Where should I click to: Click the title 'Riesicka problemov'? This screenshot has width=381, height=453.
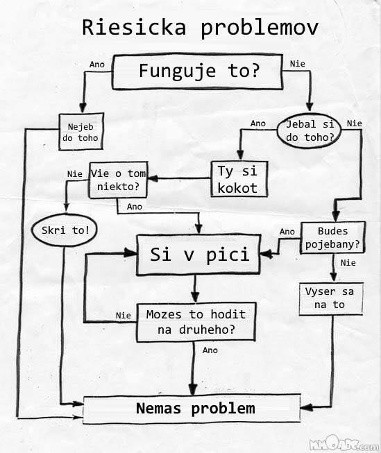[200, 28]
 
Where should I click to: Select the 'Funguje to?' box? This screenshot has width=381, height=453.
[197, 71]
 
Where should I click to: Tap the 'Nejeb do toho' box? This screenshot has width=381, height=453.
[81, 131]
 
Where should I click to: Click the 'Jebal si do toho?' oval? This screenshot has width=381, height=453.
[310, 130]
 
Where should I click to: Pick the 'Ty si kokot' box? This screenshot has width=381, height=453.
[239, 179]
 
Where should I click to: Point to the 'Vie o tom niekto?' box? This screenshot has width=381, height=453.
[118, 180]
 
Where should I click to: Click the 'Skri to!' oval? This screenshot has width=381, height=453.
[64, 230]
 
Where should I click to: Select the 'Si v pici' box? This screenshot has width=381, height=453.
[198, 255]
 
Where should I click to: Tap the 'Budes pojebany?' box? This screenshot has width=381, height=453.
[332, 238]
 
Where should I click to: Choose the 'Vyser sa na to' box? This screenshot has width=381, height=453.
[331, 299]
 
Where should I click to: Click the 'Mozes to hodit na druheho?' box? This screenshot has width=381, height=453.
[196, 322]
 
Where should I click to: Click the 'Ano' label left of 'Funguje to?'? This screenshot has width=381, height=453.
[97, 65]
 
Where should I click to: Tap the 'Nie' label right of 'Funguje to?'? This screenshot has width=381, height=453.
[298, 64]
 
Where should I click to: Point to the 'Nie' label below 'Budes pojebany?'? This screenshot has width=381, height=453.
[348, 263]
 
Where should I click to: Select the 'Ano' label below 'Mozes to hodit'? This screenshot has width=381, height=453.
[210, 350]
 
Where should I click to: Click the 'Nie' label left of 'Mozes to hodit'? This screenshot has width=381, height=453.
[123, 316]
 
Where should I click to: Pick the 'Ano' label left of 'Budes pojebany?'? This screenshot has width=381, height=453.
[287, 232]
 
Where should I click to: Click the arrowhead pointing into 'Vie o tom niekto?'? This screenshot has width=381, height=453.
[153, 178]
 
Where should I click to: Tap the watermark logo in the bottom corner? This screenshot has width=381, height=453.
[344, 444]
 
